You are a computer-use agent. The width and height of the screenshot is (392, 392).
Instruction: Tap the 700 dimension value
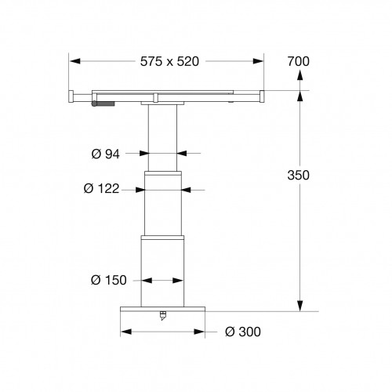pyautogui.click(x=299, y=60)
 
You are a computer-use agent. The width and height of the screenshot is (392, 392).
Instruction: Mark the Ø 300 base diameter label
pyautogui.click(x=242, y=332)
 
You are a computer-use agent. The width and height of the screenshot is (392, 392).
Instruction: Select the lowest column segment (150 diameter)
pyautogui.click(x=164, y=270)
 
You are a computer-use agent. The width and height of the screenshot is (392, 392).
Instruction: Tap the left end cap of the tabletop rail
pyautogui.click(x=71, y=96)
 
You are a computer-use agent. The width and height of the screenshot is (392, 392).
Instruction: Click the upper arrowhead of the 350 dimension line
pyautogui.click(x=299, y=95)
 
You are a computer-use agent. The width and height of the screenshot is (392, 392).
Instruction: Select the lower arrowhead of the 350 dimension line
pyautogui.click(x=299, y=307)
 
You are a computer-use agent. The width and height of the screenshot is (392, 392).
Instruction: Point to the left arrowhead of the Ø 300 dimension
pyautogui.click(x=124, y=331)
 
